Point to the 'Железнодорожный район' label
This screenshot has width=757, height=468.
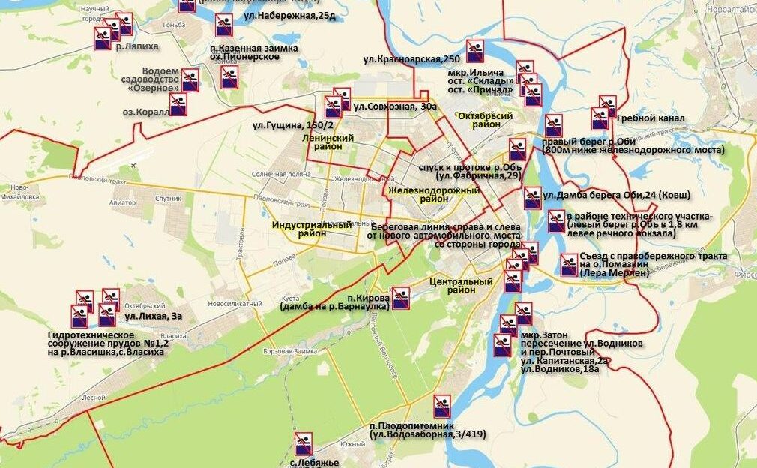coord(434,195)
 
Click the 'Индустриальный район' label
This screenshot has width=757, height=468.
coord(312,229)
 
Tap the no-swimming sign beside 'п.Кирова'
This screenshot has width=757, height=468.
coord(401,298)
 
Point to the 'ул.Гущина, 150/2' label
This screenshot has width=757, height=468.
coord(288,124)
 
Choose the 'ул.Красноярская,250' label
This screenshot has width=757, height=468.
coord(411,58)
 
